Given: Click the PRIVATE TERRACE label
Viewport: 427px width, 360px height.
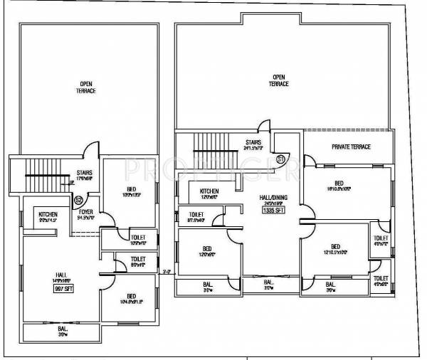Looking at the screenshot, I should (x=351, y=147).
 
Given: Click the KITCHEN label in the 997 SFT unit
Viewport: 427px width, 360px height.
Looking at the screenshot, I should (x=48, y=213).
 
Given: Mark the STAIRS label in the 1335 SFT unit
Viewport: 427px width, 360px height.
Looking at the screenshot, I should (x=253, y=142).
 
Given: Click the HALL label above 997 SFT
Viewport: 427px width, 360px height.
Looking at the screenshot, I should (x=61, y=274).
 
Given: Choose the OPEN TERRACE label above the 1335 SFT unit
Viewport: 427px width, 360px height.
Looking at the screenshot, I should (x=278, y=80).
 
